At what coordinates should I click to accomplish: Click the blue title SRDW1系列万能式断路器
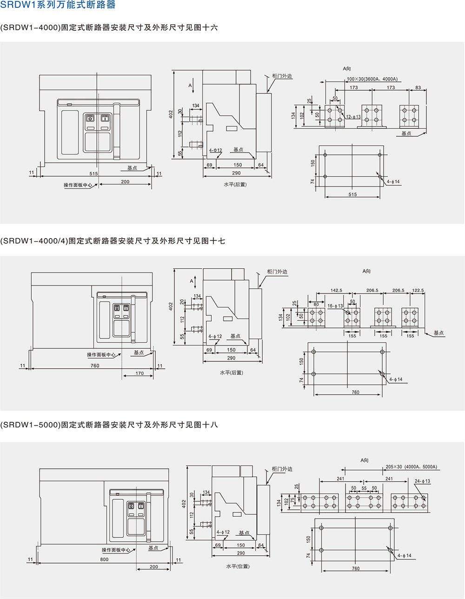pyautogui.click(x=58, y=5)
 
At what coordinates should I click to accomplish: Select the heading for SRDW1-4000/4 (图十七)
pyautogui.click(x=113, y=241)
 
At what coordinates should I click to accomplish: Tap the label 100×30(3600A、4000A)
pyautogui.click(x=372, y=79)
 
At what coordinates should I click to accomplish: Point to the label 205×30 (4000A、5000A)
pyautogui.click(x=411, y=467)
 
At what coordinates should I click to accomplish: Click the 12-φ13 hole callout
pyautogui.click(x=353, y=117)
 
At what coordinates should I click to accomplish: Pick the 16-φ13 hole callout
pyautogui.click(x=335, y=306)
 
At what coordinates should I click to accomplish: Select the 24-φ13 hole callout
pyautogui.click(x=422, y=481)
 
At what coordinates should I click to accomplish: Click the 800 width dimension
pyautogui.click(x=104, y=559)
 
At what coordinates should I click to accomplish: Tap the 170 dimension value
pyautogui.click(x=139, y=373)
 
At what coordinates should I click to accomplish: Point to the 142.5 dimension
pyautogui.click(x=336, y=290)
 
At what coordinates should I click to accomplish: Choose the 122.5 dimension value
pyautogui.click(x=418, y=290)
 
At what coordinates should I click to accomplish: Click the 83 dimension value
pyautogui.click(x=418, y=87)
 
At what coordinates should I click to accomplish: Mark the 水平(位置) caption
pyautogui.click(x=238, y=566)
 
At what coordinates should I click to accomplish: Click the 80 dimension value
pyautogui.click(x=316, y=305)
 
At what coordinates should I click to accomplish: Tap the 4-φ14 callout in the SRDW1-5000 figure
pyautogui.click(x=404, y=555)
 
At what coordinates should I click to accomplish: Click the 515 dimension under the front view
pyautogui.click(x=93, y=173)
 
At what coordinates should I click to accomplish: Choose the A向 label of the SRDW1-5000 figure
pyautogui.click(x=364, y=460)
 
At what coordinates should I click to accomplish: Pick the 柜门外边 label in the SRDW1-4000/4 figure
pyautogui.click(x=277, y=272)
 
